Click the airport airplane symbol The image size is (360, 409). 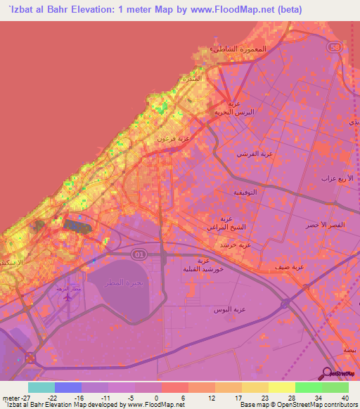(67, 297)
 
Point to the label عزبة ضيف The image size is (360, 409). (307, 267)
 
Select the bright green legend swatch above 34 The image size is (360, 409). (309, 387)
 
